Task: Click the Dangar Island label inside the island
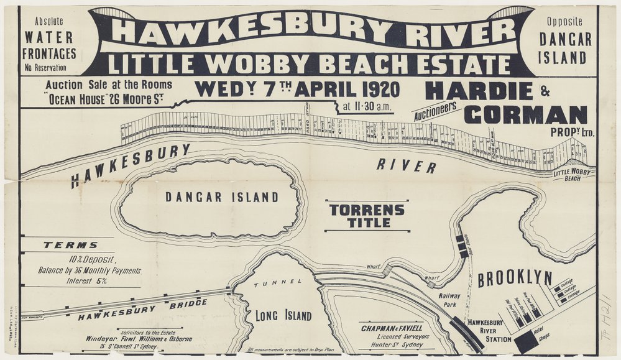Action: (x=221, y=198)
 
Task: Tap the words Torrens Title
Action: (x=367, y=216)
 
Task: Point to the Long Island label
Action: (x=283, y=316)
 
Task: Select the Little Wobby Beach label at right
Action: (x=573, y=175)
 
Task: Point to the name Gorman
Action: (x=525, y=115)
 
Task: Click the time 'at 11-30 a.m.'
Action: (x=367, y=106)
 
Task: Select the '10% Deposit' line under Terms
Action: (x=92, y=260)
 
